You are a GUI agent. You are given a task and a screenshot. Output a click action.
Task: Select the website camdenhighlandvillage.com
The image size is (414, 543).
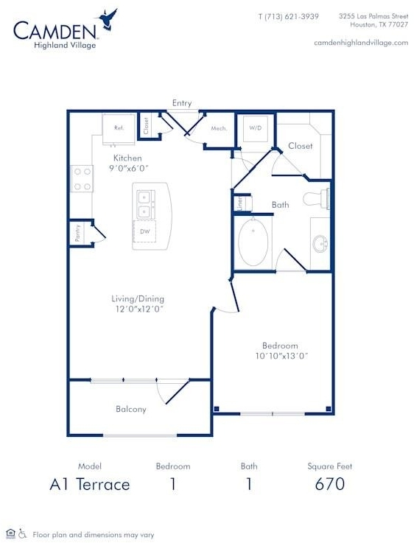click(x=361, y=43)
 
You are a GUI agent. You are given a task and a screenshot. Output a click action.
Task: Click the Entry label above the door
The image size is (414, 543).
click(x=182, y=103)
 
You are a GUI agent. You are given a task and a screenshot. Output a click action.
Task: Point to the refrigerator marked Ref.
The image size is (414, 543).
click(x=119, y=129)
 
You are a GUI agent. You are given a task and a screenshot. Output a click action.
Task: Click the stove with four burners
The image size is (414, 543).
click(x=82, y=179)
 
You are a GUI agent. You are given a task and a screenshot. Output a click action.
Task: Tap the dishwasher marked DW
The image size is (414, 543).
click(x=144, y=231)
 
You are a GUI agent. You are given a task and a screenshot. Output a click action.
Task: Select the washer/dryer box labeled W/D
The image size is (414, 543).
click(x=256, y=128)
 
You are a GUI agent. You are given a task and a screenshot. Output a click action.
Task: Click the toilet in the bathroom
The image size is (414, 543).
click(x=316, y=199)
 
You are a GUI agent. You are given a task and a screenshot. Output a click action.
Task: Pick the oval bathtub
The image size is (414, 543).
click(x=253, y=242)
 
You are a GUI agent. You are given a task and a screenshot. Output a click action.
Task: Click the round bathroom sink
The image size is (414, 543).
click(x=320, y=244)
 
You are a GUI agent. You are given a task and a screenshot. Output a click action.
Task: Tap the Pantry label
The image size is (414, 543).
click(x=77, y=233)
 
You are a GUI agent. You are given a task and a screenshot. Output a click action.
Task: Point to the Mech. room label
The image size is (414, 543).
click(x=219, y=128)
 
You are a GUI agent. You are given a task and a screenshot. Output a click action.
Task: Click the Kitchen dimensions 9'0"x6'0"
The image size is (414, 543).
click(x=129, y=169)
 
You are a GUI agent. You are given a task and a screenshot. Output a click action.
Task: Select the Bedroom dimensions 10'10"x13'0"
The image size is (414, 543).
click(x=281, y=356)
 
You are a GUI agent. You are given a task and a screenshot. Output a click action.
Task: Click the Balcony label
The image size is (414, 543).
click(x=131, y=410)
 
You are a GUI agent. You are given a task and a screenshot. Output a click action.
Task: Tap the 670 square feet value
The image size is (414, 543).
click(x=330, y=484)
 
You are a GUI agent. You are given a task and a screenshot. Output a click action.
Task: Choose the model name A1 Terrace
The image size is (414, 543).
click(x=90, y=484)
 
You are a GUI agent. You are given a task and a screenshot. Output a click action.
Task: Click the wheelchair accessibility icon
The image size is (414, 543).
click(x=23, y=533)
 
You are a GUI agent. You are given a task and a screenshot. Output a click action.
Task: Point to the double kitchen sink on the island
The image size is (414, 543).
click(x=144, y=204)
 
